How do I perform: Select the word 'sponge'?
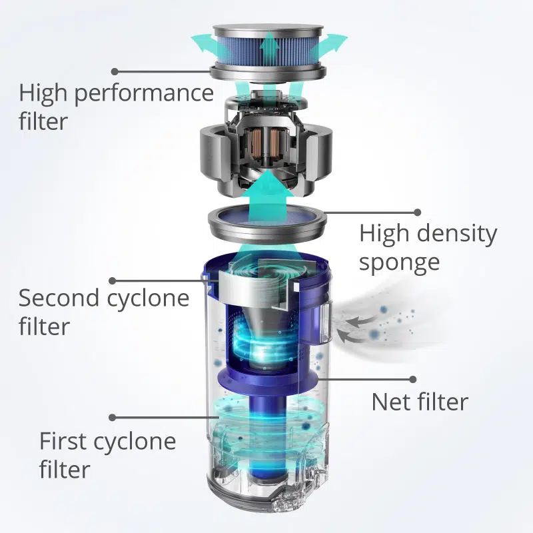click(399, 263)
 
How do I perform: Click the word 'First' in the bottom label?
click(63, 441)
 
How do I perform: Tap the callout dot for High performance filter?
click(115, 71)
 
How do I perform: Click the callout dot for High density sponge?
click(418, 213)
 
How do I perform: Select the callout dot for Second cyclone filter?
click(113, 280)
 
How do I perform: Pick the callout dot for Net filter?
click(413, 379)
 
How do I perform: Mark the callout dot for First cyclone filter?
click(113, 418)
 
